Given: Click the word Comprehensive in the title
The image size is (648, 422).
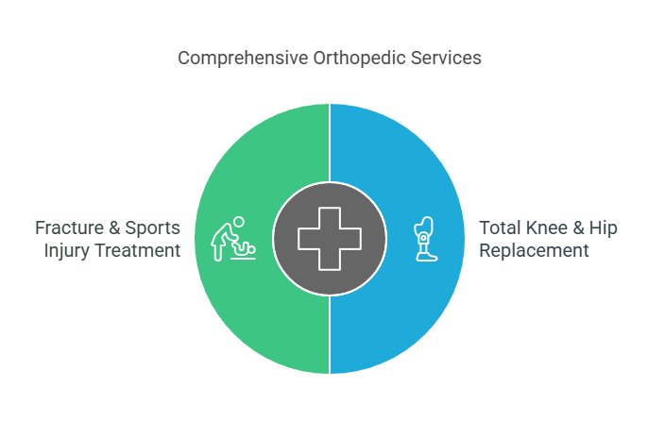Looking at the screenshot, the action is [243, 59].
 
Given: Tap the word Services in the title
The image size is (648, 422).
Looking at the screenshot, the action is [446, 58].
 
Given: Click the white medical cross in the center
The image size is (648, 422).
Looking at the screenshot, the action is [330, 239].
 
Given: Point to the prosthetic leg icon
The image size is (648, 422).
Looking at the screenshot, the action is [425, 239].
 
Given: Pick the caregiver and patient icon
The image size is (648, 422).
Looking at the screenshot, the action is [233, 239].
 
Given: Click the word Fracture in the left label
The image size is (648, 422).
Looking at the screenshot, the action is [69, 228].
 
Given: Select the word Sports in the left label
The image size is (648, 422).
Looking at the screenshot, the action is [152, 228].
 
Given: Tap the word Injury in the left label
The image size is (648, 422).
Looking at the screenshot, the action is [66, 251].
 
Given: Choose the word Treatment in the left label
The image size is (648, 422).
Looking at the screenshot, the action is [137, 250].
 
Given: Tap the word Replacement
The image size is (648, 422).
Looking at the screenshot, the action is [534, 251].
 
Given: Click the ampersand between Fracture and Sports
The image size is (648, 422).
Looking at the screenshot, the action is [114, 228].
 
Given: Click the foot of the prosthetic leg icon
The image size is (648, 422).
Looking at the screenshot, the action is [426, 257].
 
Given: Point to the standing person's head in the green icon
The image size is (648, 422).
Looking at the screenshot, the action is [238, 222].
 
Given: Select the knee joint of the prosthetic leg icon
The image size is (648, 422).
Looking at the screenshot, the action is [423, 238].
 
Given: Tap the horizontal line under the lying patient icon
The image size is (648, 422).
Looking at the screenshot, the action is [244, 259].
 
